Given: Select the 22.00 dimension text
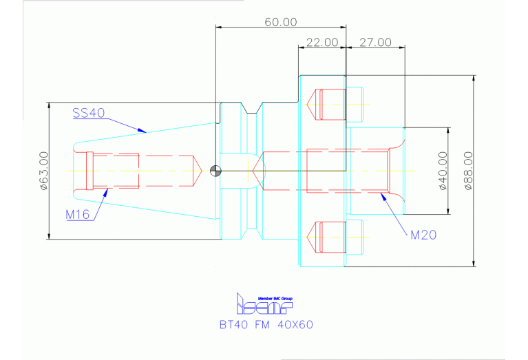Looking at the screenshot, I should point(321,43).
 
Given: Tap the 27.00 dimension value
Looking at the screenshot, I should point(375,43).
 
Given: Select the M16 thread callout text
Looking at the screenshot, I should point(78,214).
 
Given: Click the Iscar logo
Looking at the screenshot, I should point(264,304).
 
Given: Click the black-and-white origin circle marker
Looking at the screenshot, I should point(216,171).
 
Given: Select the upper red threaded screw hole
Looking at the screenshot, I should point(328,104).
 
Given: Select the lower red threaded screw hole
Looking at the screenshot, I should point(328,237).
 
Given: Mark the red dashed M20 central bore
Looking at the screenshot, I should point(348,171).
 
